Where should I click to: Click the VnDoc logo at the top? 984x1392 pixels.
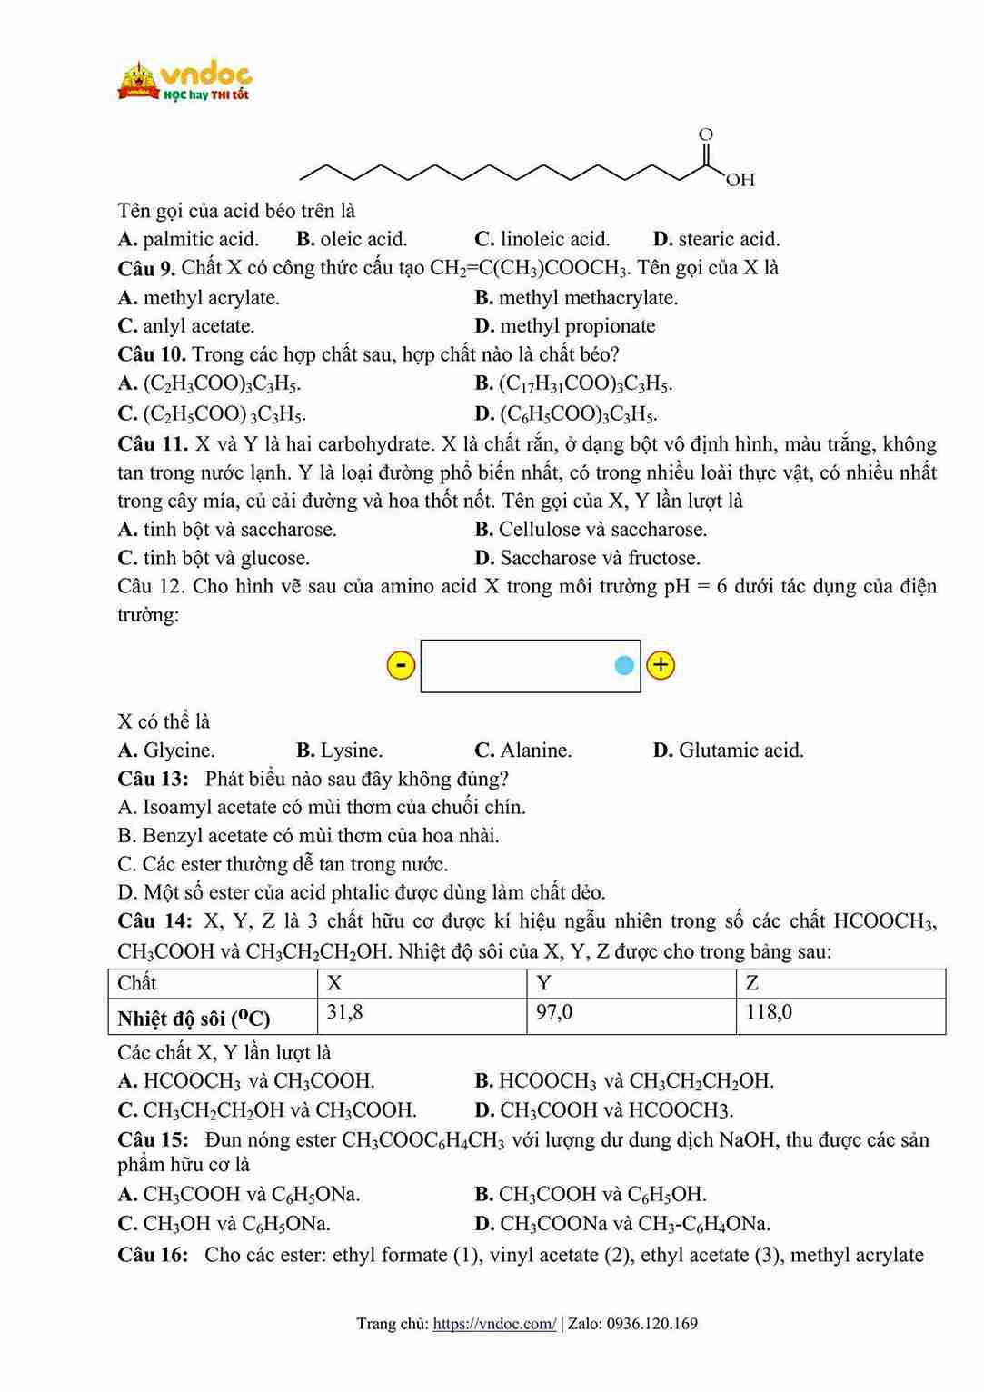pos(184,81)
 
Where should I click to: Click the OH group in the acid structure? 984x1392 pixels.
pos(740,180)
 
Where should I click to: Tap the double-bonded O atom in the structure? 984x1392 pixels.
pos(706,134)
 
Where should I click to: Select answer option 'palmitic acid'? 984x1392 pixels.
pos(189,239)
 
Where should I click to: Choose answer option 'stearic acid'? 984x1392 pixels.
pos(717,239)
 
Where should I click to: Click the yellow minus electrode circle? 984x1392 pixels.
pos(401,665)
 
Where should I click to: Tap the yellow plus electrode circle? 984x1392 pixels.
pos(661,665)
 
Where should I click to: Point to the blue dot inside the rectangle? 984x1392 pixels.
pos(623,666)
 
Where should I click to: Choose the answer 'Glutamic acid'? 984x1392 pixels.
pos(729,750)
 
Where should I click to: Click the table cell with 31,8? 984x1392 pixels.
pos(345,1012)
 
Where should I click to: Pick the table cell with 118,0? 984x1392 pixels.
pos(769,1012)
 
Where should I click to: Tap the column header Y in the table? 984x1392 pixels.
pos(543,983)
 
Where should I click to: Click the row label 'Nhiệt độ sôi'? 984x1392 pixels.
pos(194,1019)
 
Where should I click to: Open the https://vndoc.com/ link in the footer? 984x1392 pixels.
pos(494,1324)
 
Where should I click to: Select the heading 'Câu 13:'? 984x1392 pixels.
pos(153,779)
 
